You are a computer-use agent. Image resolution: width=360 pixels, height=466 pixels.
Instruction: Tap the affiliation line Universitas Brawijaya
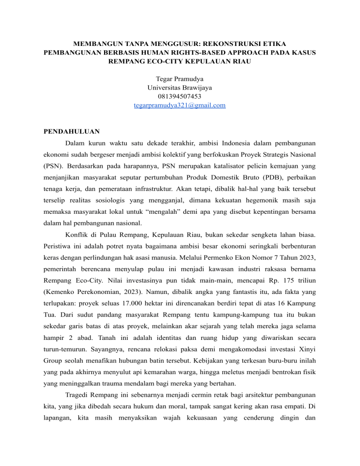point(180,88)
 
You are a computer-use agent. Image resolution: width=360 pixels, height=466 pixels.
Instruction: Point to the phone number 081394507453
point(180,97)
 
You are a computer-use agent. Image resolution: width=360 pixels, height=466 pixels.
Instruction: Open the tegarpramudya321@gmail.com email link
point(180,106)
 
